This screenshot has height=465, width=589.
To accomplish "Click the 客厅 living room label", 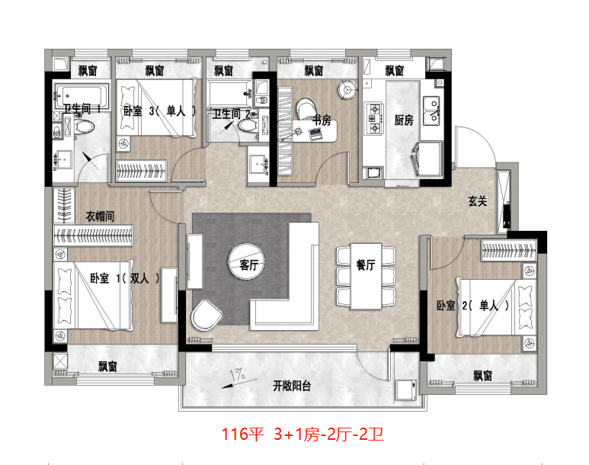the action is [x=248, y=265].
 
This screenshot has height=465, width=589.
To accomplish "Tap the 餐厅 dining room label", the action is [x=366, y=265].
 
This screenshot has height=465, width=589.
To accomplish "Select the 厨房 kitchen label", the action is [x=404, y=120].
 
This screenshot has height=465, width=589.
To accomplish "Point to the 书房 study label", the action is [x=322, y=120].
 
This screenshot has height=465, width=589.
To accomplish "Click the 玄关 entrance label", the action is [x=478, y=201].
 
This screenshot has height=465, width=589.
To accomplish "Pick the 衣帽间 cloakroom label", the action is [x=100, y=216].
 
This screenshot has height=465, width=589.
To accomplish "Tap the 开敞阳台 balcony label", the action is [x=292, y=386].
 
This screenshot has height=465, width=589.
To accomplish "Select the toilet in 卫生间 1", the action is [x=84, y=127].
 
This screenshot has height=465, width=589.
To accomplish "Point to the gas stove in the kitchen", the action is [x=374, y=118].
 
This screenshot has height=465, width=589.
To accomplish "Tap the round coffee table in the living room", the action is [x=247, y=261].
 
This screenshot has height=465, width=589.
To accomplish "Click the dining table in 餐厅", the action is [x=366, y=276].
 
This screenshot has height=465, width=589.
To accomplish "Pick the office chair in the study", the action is [x=307, y=109].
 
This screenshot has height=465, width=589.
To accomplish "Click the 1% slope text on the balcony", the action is [x=238, y=374].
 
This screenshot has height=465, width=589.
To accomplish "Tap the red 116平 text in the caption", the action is [x=242, y=435].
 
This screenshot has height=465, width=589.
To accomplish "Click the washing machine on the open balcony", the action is [x=406, y=390].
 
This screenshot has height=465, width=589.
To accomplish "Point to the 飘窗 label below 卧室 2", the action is [x=482, y=376].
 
